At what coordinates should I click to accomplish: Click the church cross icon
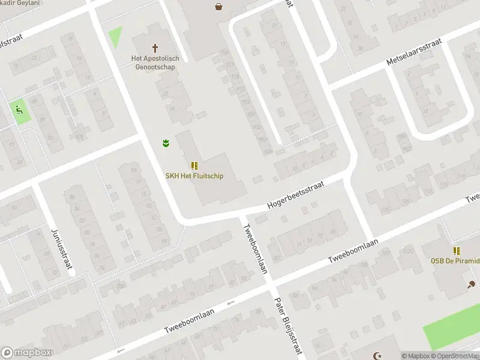(x=155, y=47)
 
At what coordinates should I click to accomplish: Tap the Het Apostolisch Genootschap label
(x=155, y=62)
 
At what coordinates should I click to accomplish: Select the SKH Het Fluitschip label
(x=195, y=176)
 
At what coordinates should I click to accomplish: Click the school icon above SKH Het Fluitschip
(x=194, y=165)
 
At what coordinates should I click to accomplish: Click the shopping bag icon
(x=219, y=7)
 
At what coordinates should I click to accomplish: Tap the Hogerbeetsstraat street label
(x=296, y=196)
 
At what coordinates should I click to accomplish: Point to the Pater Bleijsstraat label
(x=286, y=328)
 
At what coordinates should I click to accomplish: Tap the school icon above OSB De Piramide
(x=457, y=251)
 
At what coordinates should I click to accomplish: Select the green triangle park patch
(x=115, y=37)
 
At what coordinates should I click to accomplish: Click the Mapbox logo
(x=26, y=353)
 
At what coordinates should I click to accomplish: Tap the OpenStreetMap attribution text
(x=458, y=356)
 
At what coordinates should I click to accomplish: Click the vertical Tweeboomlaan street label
(x=254, y=248)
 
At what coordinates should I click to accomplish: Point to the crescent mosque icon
(x=377, y=356)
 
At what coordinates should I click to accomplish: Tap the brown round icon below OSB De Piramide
(x=471, y=284)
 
